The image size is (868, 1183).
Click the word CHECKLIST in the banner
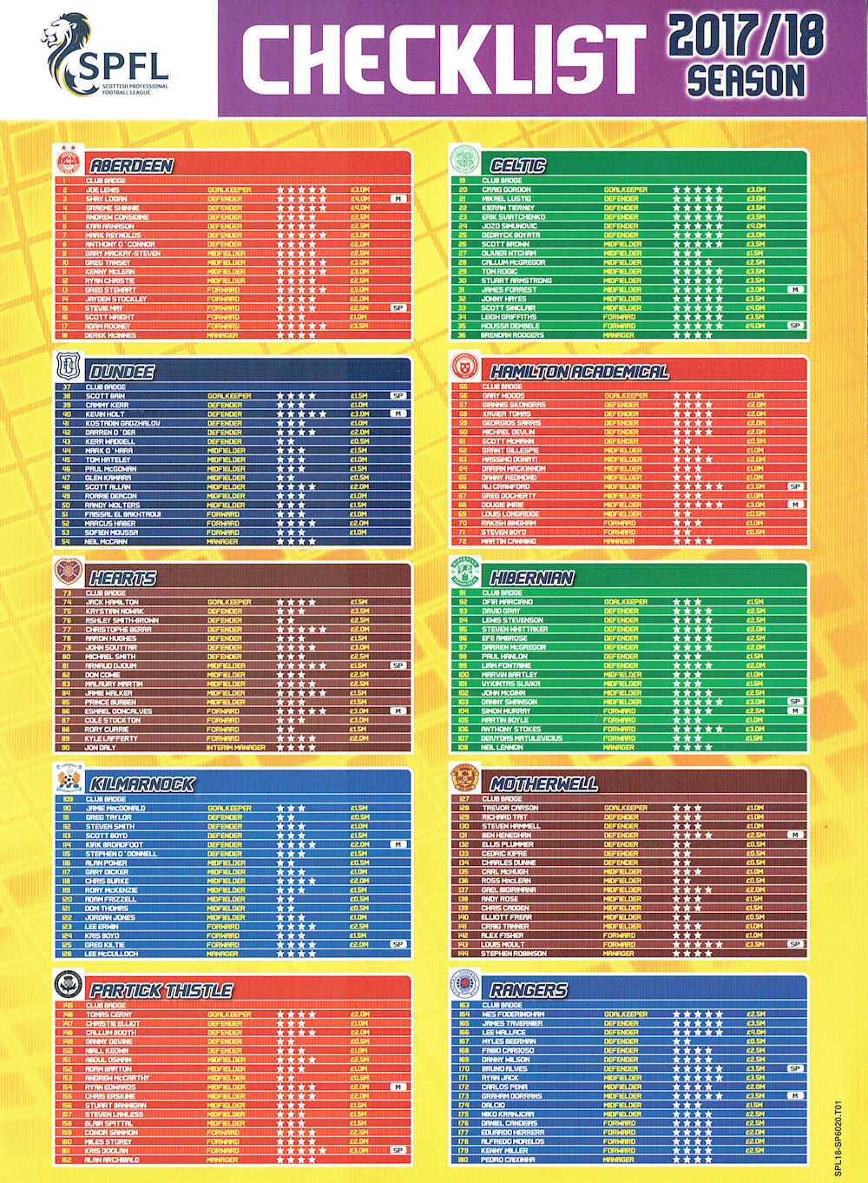tap(444, 59)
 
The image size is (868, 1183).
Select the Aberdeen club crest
tap(67, 162)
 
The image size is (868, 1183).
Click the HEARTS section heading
tap(122, 578)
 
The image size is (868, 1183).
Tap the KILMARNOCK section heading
tap(141, 784)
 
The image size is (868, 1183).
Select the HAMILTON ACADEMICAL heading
tap(579, 373)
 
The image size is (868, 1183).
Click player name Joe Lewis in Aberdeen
tap(102, 189)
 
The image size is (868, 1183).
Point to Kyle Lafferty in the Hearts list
tap(111, 738)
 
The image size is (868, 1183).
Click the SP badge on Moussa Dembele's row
tap(794, 326)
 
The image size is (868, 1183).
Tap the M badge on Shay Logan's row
tap(398, 199)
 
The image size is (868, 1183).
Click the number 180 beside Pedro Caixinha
tap(464, 1160)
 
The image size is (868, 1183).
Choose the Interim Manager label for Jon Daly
tap(235, 748)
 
